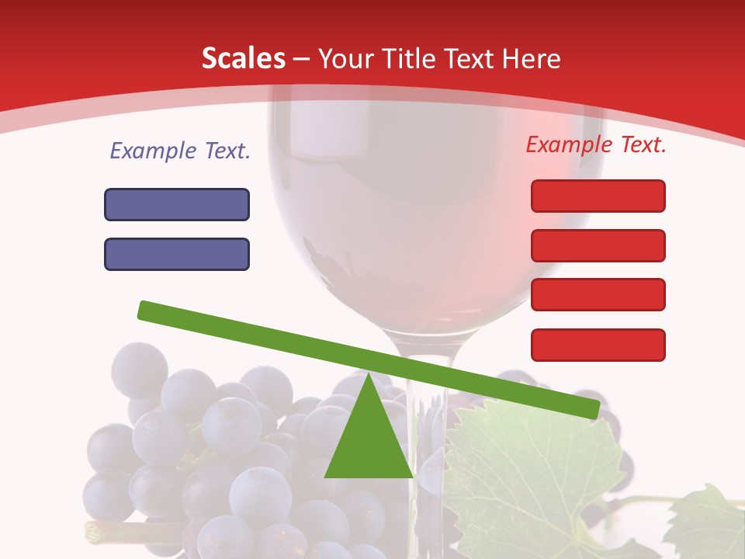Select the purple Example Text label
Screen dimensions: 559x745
tap(180, 151)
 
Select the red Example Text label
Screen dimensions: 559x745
tap(596, 144)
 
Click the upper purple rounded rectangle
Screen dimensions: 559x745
tap(177, 204)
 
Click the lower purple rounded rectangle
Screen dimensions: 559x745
tap(177, 254)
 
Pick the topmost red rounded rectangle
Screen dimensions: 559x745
tap(598, 196)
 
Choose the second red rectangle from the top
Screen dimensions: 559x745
tap(598, 245)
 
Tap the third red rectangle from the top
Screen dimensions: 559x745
tap(598, 294)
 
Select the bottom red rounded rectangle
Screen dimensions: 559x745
tap(598, 345)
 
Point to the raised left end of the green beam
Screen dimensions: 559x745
tap(147, 310)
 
